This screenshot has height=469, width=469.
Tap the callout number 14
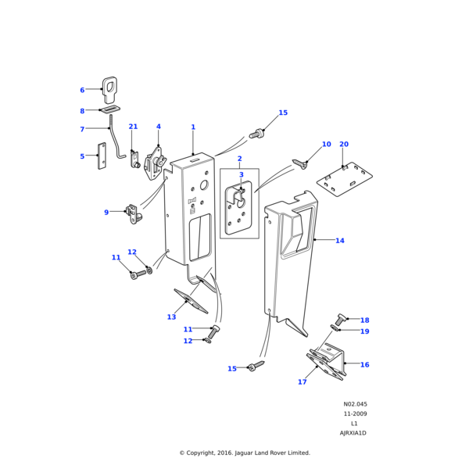[339, 241]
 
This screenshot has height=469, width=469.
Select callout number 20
[344, 145]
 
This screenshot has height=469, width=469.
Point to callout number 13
[171, 317]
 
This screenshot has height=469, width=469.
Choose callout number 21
[133, 127]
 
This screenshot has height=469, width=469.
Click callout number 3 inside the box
[241, 175]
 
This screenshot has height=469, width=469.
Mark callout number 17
[303, 382]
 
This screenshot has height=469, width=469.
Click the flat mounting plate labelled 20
[350, 181]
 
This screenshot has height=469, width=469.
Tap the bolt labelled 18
[341, 319]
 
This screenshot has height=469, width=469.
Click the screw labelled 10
[299, 163]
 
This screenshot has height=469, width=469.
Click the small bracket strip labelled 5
[102, 156]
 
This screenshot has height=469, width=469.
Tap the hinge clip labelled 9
[134, 213]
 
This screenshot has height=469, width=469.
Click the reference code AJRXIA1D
[353, 433]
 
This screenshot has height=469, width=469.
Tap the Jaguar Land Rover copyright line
[244, 453]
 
